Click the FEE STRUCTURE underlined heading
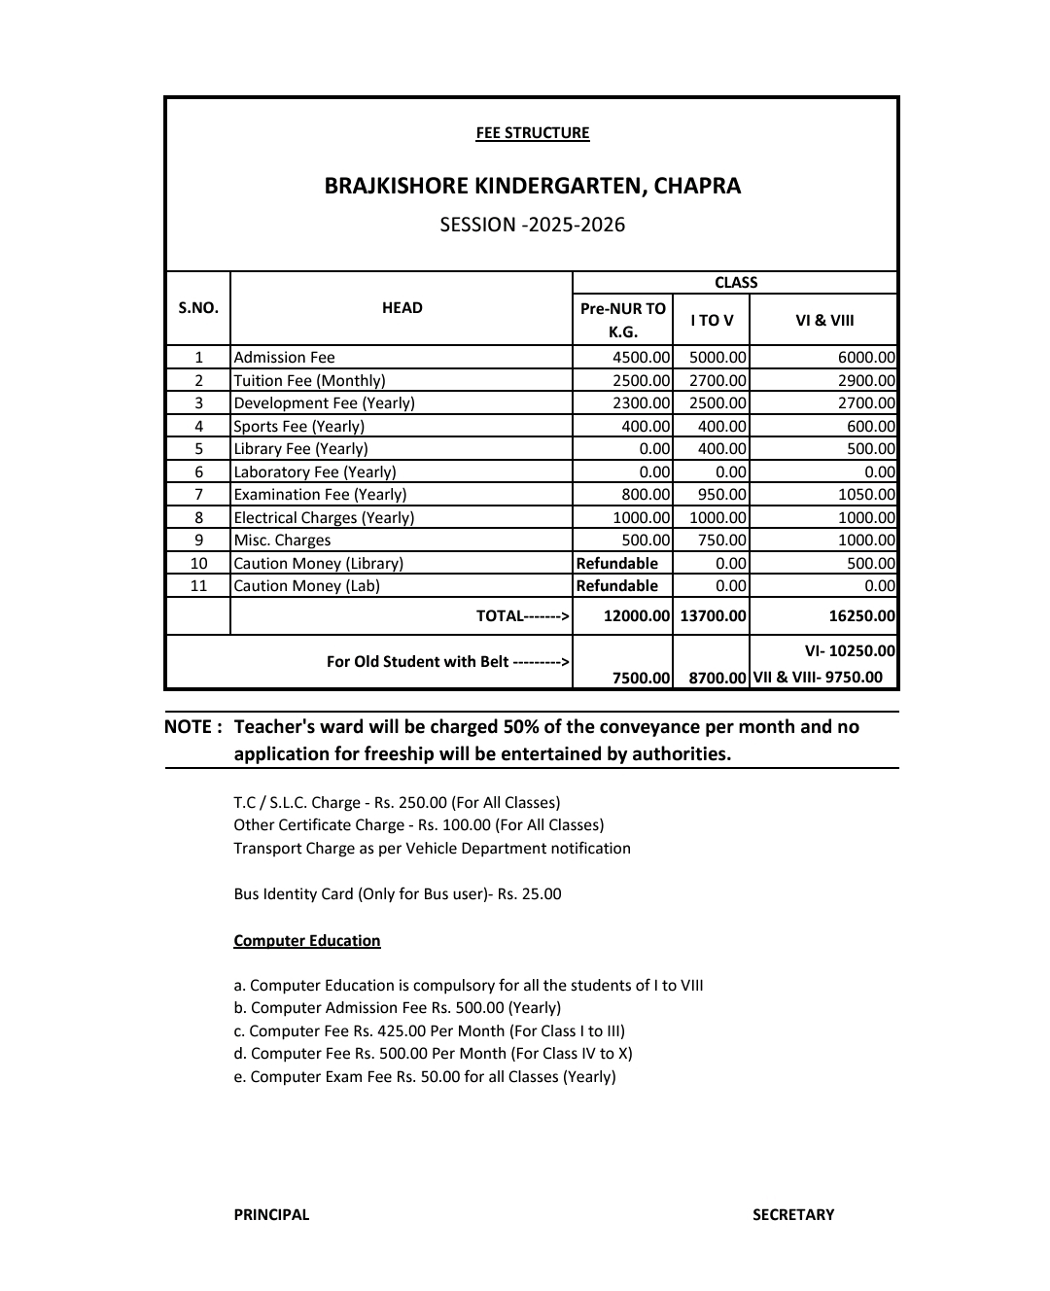pyautogui.click(x=532, y=133)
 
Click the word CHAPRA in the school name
pyautogui.click(x=697, y=186)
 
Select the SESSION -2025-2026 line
pyautogui.click(x=532, y=225)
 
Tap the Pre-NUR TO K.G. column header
pyautogui.click(x=622, y=320)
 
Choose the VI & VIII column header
pyautogui.click(x=823, y=320)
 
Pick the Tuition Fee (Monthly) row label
pyautogui.click(x=309, y=381)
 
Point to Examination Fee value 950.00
pyautogui.click(x=721, y=495)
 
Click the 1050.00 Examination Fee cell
pyautogui.click(x=865, y=495)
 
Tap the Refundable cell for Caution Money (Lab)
pyautogui.click(x=617, y=586)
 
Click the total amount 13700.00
pyautogui.click(x=713, y=616)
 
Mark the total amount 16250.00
pyautogui.click(x=860, y=616)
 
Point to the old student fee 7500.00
pyautogui.click(x=641, y=678)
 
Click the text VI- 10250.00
pyautogui.click(x=850, y=651)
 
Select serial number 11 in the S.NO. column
pyautogui.click(x=198, y=586)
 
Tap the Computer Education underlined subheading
pyautogui.click(x=306, y=941)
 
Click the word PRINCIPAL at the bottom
pyautogui.click(x=271, y=1215)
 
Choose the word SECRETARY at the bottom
pyautogui.click(x=792, y=1215)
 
